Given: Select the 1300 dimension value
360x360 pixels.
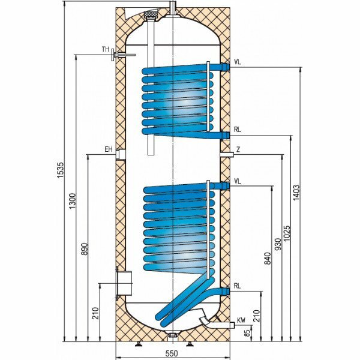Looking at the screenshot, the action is click(73, 202).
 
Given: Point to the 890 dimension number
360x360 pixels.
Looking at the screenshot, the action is click(85, 250).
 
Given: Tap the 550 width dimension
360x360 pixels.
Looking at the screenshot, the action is click(173, 354).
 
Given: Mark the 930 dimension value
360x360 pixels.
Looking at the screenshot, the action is click(277, 244).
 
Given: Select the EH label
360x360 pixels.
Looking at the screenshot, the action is click(109, 149).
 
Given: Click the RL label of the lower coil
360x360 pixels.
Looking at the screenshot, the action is click(238, 286).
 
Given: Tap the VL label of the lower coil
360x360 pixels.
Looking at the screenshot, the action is click(238, 180).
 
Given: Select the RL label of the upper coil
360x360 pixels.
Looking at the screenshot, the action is click(238, 128).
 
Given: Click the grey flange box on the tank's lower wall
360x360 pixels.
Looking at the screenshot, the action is click(124, 282).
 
